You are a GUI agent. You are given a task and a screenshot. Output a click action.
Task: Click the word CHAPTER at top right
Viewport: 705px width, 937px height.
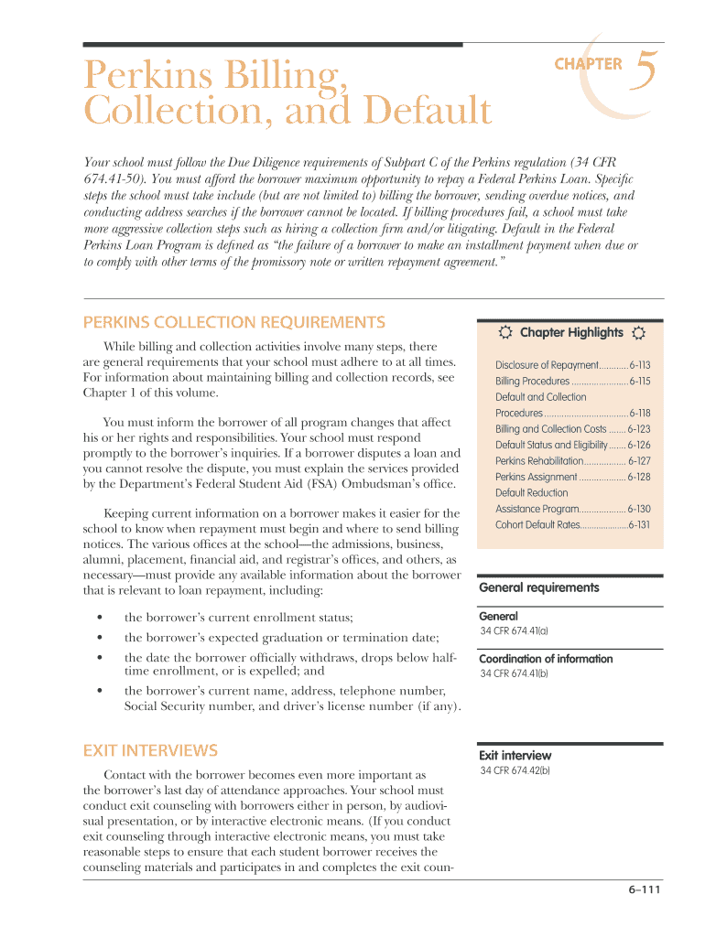[x=588, y=64]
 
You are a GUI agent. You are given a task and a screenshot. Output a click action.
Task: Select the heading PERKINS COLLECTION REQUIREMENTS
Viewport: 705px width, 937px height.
[x=233, y=322]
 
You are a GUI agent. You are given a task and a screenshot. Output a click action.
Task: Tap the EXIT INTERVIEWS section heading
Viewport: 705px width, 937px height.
[x=150, y=751]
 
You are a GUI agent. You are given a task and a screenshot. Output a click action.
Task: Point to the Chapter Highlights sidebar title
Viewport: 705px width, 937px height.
[x=571, y=333]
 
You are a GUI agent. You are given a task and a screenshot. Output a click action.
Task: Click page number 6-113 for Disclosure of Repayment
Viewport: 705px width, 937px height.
[x=639, y=365]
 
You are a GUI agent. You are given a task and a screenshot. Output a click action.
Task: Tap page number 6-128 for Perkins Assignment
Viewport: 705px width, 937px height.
[x=639, y=478]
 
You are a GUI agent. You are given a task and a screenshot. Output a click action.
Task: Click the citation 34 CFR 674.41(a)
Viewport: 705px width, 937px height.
[x=514, y=631]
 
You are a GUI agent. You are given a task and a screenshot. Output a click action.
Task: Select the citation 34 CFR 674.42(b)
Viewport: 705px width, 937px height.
[x=515, y=771]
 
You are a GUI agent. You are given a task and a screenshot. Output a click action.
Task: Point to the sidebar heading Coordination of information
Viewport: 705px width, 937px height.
[x=546, y=659]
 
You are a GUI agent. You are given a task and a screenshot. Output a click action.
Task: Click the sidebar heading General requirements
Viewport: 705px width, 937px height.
[x=539, y=587]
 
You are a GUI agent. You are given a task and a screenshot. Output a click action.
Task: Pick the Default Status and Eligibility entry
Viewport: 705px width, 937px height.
[x=545, y=446]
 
